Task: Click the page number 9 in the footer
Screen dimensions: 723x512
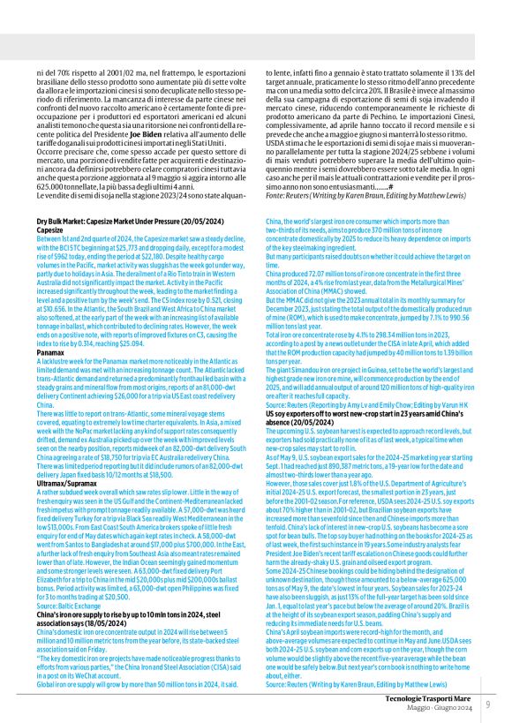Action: pos(488,704)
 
